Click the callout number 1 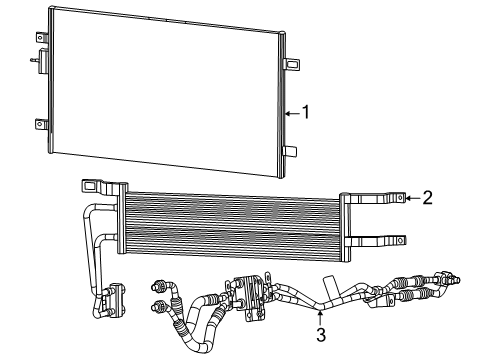click(x=306, y=113)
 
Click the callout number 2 click(x=427, y=197)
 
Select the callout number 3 click(x=320, y=334)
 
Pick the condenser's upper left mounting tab click(x=44, y=38)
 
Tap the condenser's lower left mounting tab click(x=41, y=125)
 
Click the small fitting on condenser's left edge click(x=36, y=60)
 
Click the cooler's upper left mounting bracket click(x=100, y=185)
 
